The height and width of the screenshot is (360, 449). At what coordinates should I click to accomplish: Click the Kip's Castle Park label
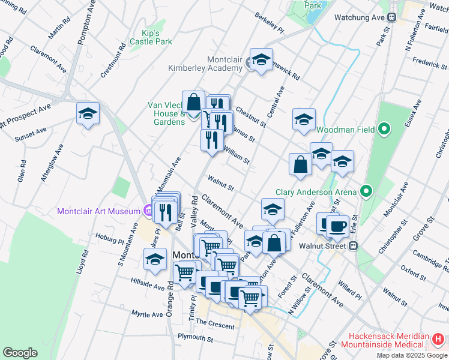click(x=151, y=37)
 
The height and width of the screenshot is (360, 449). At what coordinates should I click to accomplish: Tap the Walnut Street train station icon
click(x=354, y=245)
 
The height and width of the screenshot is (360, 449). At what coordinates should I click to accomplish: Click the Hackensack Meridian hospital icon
click(x=438, y=340)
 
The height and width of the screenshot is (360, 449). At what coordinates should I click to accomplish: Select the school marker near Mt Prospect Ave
click(x=88, y=113)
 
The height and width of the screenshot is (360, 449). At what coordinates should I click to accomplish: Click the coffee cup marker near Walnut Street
click(x=337, y=226)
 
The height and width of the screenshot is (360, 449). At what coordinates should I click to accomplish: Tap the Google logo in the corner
click(x=20, y=353)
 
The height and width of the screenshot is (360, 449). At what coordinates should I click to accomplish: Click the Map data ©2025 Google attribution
click(x=412, y=355)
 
